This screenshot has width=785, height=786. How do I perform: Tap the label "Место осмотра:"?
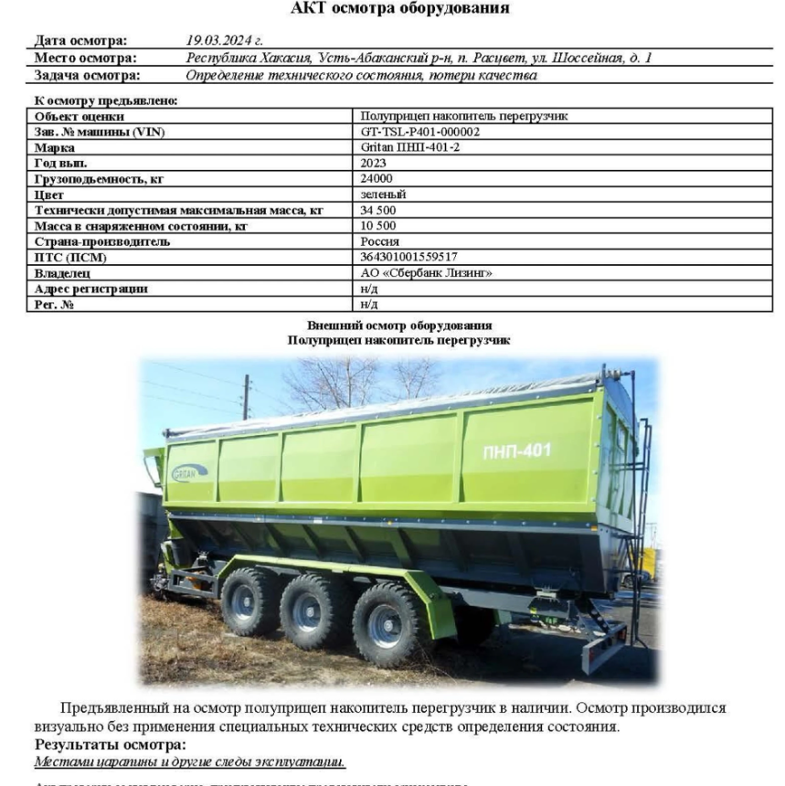(x=80, y=58)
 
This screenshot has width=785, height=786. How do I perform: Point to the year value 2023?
(x=374, y=163)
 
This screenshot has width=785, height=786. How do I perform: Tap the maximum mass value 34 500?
(x=379, y=210)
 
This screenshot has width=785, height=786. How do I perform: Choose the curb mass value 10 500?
(x=379, y=226)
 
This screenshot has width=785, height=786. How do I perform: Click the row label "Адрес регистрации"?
(x=91, y=289)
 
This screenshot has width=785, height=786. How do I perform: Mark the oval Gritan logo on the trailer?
(x=189, y=473)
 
